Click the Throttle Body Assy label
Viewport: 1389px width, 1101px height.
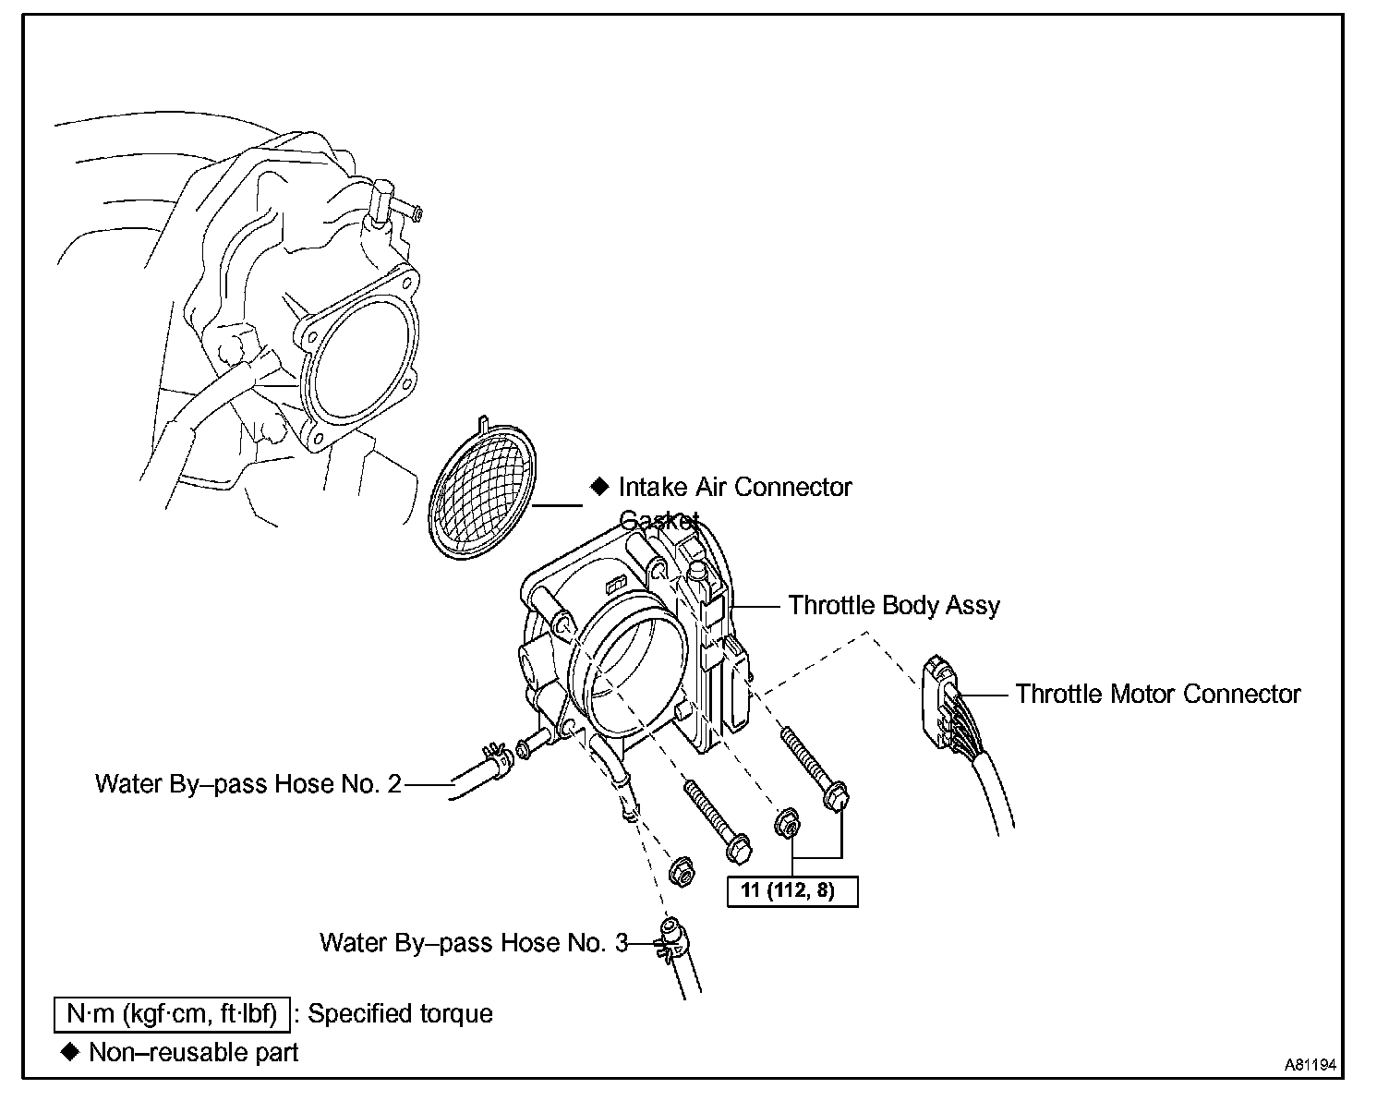pyautogui.click(x=893, y=606)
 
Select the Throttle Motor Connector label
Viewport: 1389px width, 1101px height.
pyautogui.click(x=1157, y=695)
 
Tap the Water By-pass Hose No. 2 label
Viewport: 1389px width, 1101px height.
pyautogui.click(x=248, y=784)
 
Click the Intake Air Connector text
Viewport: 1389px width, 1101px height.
pyautogui.click(x=735, y=487)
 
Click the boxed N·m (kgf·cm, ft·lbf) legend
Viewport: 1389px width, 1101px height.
pyautogui.click(x=172, y=1014)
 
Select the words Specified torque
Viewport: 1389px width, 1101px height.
pyautogui.click(x=400, y=1014)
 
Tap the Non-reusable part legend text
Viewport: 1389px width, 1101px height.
pyautogui.click(x=193, y=1053)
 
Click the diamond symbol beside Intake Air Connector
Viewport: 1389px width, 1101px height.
pyautogui.click(x=600, y=486)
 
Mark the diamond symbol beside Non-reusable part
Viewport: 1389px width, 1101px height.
pyautogui.click(x=69, y=1052)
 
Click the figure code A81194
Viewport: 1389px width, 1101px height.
pyautogui.click(x=1310, y=1065)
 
